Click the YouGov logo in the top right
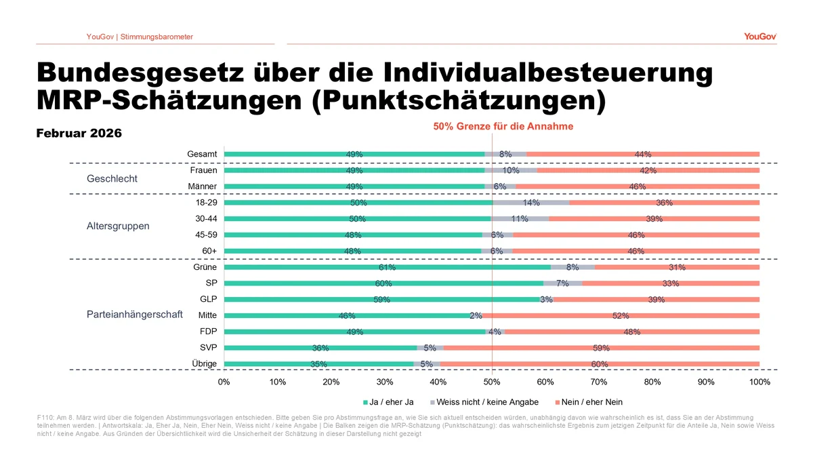759,37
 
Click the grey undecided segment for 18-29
531,203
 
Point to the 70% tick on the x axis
599,382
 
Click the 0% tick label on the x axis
224,382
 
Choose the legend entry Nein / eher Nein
588,402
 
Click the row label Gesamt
202,155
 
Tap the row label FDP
207,332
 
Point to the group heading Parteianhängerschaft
135,315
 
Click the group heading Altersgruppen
118,226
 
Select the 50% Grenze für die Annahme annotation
503,126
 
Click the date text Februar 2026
79,134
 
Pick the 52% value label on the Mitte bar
621,316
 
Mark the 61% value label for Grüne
387,268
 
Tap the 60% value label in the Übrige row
599,364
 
